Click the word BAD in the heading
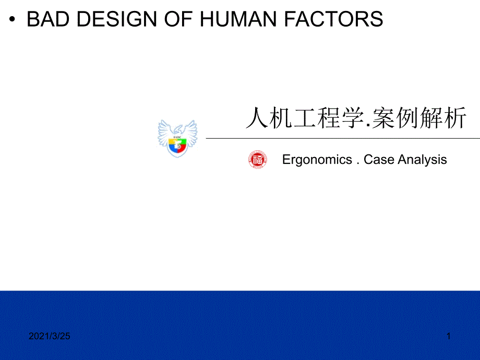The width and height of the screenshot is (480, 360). tap(47, 19)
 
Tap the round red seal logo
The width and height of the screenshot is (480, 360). tap(257, 160)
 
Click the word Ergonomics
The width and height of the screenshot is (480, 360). tap(317, 160)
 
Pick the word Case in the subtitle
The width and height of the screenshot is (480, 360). tap(379, 159)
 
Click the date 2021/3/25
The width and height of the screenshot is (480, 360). tap(49, 337)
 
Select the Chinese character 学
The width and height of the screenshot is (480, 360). tap(350, 119)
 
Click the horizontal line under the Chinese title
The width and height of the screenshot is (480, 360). tap(342, 138)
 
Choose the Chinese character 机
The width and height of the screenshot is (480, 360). tap(280, 119)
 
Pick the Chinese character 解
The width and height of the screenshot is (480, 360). tap(431, 119)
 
